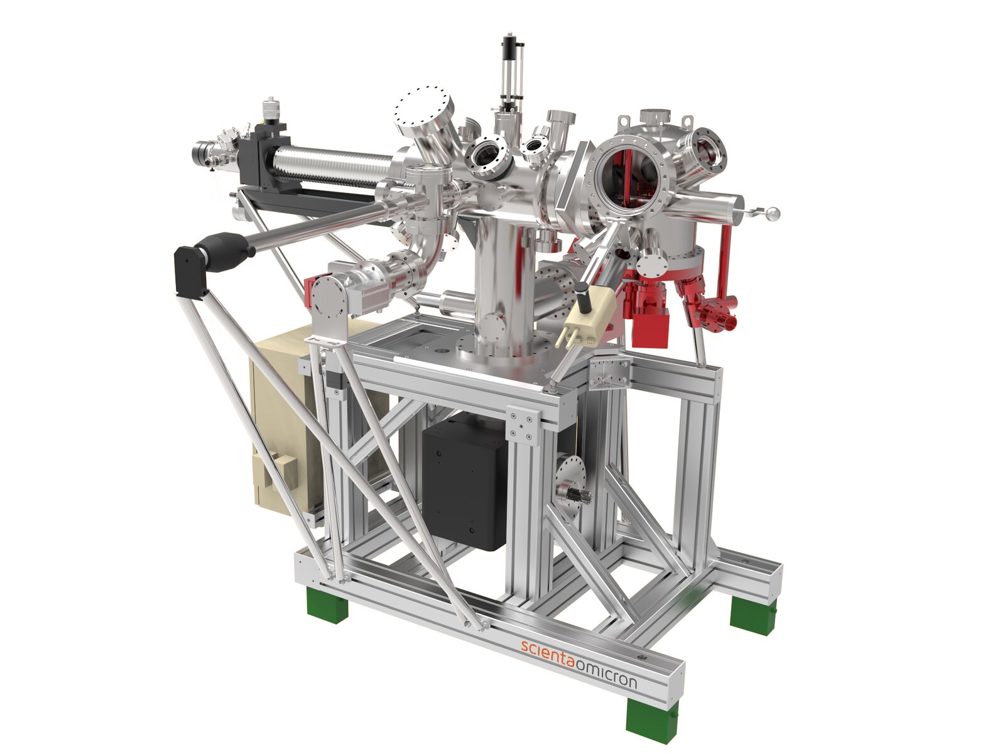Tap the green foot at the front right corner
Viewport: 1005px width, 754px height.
click(x=651, y=719)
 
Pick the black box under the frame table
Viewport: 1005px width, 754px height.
click(x=465, y=481)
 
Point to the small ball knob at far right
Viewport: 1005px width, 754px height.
click(x=774, y=214)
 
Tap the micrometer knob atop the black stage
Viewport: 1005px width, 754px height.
click(x=271, y=111)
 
